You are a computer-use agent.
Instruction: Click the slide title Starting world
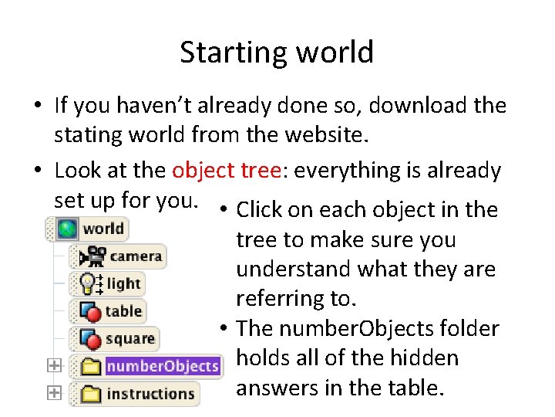pyautogui.click(x=277, y=53)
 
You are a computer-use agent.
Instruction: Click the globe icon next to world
pyautogui.click(x=68, y=228)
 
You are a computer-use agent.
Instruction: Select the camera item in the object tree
pyautogui.click(x=136, y=256)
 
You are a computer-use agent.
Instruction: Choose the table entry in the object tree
pyautogui.click(x=123, y=311)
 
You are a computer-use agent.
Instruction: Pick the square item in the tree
pyautogui.click(x=130, y=338)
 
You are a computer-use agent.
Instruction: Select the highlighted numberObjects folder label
pyautogui.click(x=163, y=366)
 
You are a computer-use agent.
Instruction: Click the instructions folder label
pyautogui.click(x=150, y=394)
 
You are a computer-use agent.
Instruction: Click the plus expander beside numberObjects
pyautogui.click(x=53, y=366)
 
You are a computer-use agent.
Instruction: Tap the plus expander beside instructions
pyautogui.click(x=53, y=393)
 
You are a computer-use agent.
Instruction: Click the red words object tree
pyautogui.click(x=227, y=170)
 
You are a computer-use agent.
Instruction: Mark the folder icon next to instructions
pyautogui.click(x=92, y=394)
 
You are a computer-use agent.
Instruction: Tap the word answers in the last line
pyautogui.click(x=273, y=388)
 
